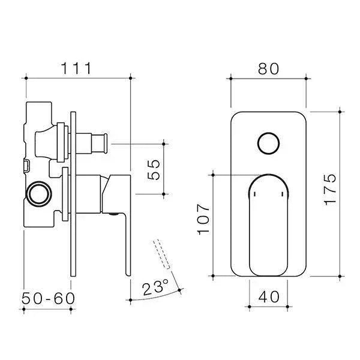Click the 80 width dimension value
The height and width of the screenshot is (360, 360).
[268, 68]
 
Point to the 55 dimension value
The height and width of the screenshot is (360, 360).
[154, 170]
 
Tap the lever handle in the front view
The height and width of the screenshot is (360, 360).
[268, 222]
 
